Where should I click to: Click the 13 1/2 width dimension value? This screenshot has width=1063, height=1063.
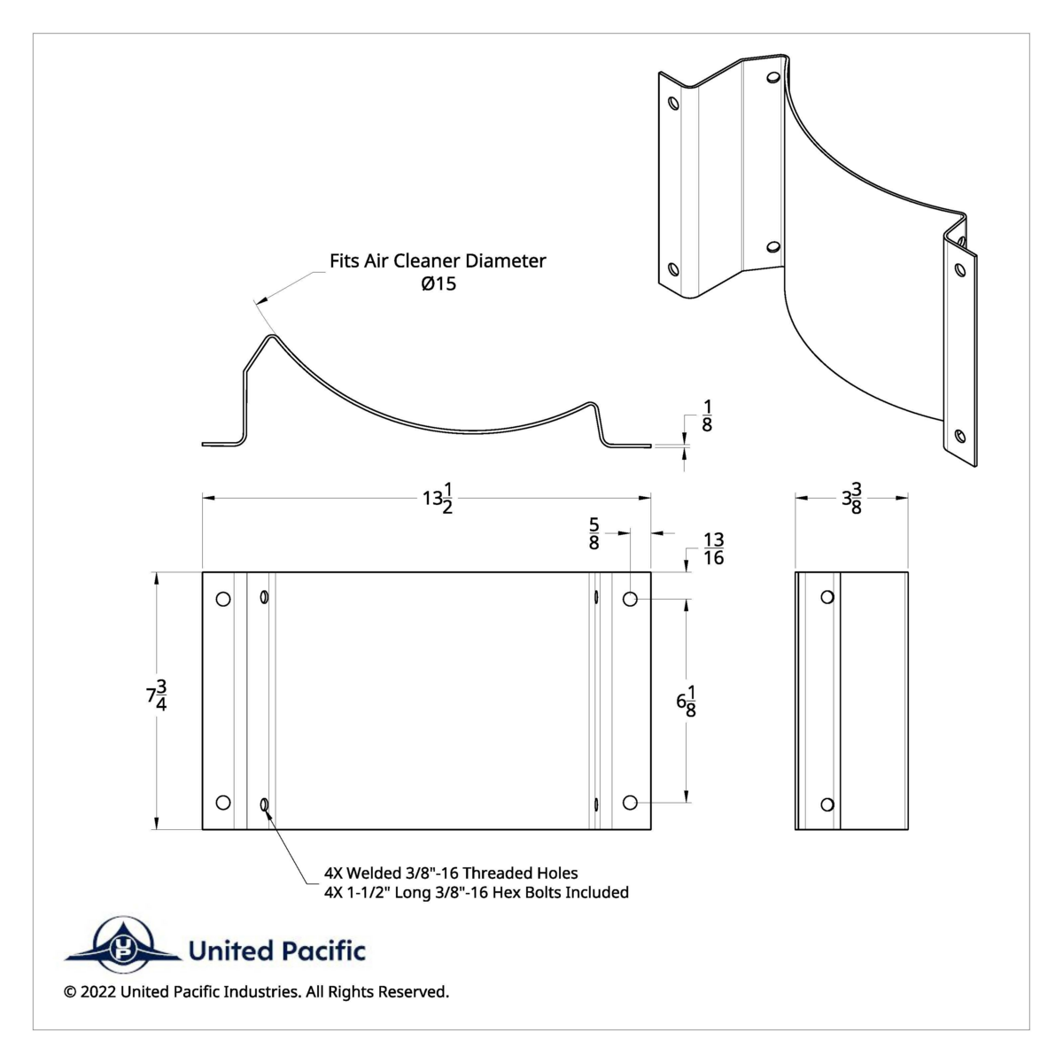pos(437,500)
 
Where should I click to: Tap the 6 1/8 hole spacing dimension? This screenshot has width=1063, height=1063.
pos(686,702)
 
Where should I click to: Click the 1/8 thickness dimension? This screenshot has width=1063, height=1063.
pos(707,415)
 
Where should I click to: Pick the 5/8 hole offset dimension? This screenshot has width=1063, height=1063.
pos(594,534)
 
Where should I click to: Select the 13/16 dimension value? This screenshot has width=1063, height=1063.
pos(713,548)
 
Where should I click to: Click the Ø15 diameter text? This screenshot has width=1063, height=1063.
pos(438,284)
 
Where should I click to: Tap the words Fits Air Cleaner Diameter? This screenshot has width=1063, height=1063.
pos(438,260)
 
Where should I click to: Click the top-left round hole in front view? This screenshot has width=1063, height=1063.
pos(223,599)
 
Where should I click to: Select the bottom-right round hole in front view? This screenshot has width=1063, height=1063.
pos(630,803)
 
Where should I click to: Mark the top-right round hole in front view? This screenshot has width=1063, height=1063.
pos(630,600)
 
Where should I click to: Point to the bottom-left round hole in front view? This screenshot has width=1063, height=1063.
pos(223,803)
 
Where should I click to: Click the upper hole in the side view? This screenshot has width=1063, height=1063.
pos(826,597)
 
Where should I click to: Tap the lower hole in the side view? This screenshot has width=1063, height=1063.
pos(826,804)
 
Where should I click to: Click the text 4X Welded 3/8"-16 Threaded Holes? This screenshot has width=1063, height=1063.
pos(451,873)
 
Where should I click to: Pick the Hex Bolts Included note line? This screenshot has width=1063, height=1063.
pos(477,892)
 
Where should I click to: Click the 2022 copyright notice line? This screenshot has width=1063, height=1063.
pos(256,992)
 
